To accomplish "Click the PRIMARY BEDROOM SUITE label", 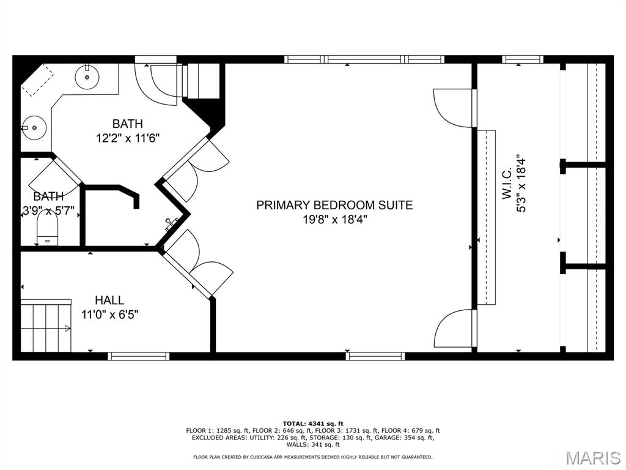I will click(334, 205).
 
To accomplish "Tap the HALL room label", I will click(109, 300).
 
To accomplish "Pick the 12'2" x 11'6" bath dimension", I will click(128, 138).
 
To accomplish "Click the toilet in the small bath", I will click(47, 233).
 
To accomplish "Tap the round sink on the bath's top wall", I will click(87, 76).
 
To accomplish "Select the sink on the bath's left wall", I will click(31, 129).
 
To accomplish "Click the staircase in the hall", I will click(46, 326).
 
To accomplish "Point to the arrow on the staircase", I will click(66, 329).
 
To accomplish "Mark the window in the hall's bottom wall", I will click(139, 356).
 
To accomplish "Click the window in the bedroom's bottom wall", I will click(375, 356).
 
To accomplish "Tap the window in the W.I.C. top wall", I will click(523, 59).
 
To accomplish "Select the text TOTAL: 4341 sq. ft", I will click(313, 423).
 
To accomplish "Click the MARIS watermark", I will click(592, 458).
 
